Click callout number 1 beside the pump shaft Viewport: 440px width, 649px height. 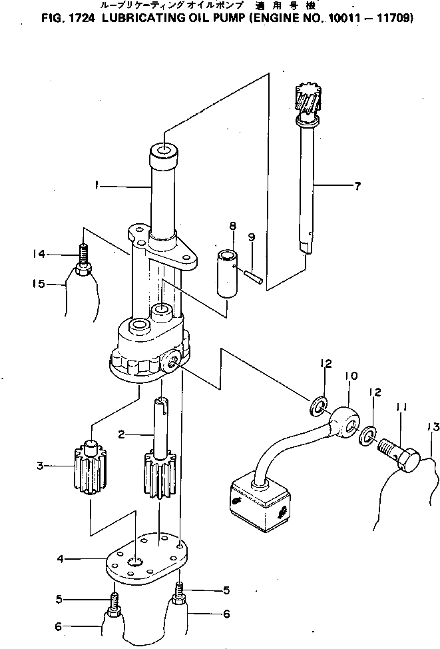(x=97, y=187)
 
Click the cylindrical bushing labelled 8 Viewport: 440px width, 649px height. (x=228, y=275)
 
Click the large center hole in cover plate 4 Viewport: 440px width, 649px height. (x=137, y=564)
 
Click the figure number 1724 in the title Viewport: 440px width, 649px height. (x=82, y=18)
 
